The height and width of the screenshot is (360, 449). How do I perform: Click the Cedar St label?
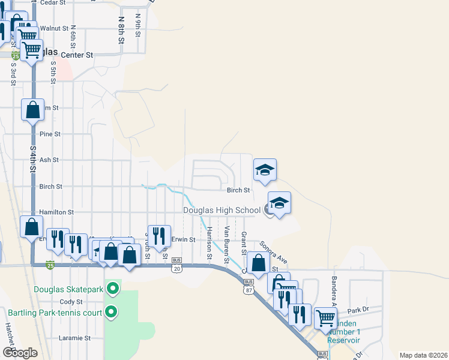[53, 3]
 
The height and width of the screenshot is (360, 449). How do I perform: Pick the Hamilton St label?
[56, 212]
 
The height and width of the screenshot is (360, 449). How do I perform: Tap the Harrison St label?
[209, 243]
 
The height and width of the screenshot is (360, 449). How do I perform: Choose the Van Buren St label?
[227, 245]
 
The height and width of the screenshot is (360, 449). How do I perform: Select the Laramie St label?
[74, 338]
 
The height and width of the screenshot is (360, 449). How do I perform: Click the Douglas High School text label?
[221, 210]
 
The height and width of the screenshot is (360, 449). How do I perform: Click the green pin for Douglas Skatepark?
[112, 289]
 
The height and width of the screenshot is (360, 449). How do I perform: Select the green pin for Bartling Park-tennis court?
[111, 312]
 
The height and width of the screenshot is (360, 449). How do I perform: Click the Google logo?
[20, 353]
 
